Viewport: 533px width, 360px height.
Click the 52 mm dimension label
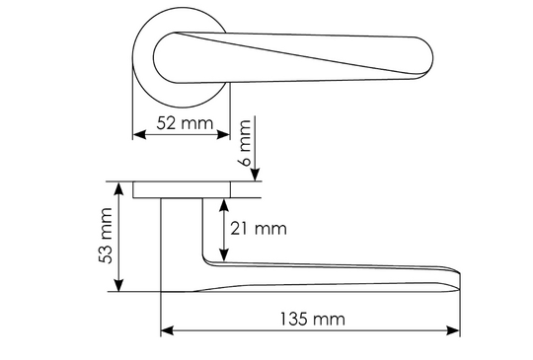[185, 123]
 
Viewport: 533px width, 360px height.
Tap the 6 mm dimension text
[246, 143]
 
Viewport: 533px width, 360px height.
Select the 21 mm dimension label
[259, 229]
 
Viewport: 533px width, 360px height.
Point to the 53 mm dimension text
[106, 236]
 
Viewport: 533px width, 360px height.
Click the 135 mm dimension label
[312, 320]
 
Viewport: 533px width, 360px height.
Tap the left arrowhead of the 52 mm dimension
[139, 134]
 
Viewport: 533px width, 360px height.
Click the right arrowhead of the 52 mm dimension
[223, 134]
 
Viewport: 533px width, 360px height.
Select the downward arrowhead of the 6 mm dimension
[255, 175]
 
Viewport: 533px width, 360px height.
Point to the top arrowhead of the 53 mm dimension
[118, 188]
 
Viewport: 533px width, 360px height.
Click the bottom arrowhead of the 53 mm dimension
[118, 285]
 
